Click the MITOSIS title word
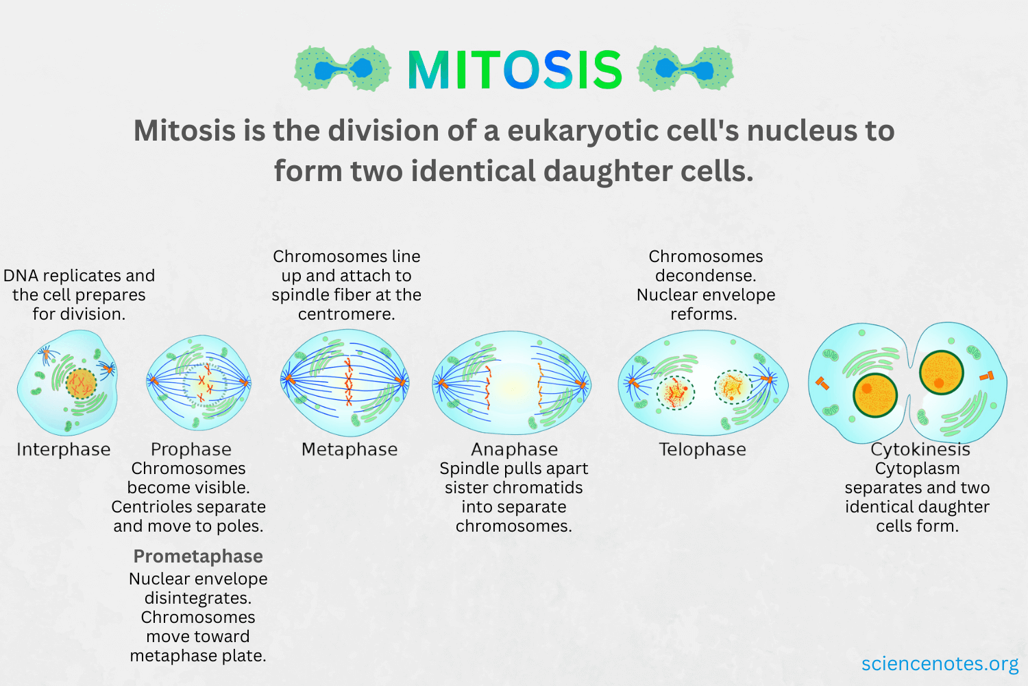point(515,69)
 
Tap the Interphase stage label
point(64,449)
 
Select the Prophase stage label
point(191,449)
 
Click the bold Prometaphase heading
point(198,556)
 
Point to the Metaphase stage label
point(350,449)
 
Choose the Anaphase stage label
point(514,449)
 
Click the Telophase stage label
point(702,449)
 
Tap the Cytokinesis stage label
point(920,449)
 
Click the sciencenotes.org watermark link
point(940,663)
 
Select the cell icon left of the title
point(342,69)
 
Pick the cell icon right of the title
point(685,69)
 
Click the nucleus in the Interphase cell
point(81,383)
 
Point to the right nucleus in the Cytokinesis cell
point(942,372)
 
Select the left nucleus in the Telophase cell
point(676,392)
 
